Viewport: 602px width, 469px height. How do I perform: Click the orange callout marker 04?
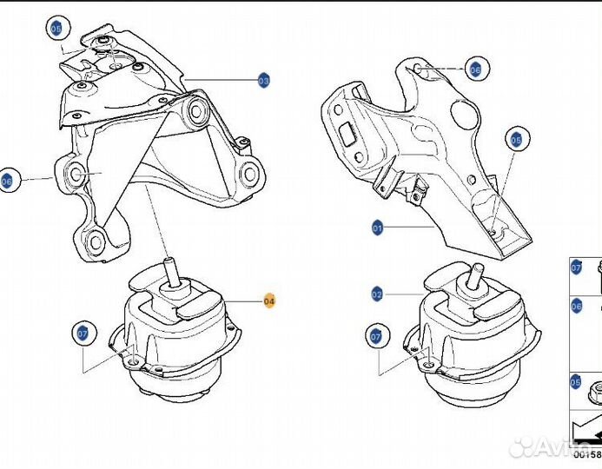[x=268, y=301]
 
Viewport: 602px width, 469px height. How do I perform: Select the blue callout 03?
[x=264, y=80]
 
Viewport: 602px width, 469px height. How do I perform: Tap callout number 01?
[x=377, y=228]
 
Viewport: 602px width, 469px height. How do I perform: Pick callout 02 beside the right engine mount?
[x=376, y=294]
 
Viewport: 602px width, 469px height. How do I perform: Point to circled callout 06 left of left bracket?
[x=8, y=181]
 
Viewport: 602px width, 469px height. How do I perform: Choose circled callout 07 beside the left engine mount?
[x=83, y=333]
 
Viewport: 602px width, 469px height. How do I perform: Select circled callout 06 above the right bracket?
[x=474, y=69]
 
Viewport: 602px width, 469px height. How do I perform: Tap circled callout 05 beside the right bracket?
[x=515, y=139]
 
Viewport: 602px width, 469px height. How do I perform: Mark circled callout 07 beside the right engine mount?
[x=376, y=335]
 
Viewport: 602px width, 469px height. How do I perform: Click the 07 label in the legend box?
[x=576, y=268]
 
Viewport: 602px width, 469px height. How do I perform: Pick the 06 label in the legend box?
[x=576, y=307]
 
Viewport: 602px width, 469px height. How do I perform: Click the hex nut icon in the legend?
[x=595, y=392]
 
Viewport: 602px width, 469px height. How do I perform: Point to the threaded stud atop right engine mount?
[x=475, y=275]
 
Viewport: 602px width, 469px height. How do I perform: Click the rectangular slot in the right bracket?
[x=348, y=135]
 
